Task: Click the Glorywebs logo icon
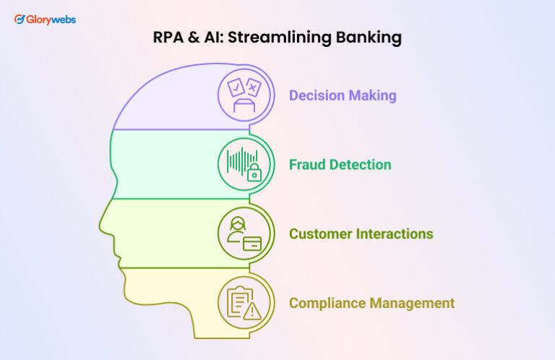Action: coord(20,20)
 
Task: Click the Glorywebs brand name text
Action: coord(51,20)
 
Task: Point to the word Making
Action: coord(373,95)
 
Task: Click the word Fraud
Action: coord(306,165)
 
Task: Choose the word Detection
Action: coord(359,165)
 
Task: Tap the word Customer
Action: coord(319,234)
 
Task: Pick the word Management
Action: coord(413,304)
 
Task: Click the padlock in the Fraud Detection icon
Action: coord(254,173)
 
